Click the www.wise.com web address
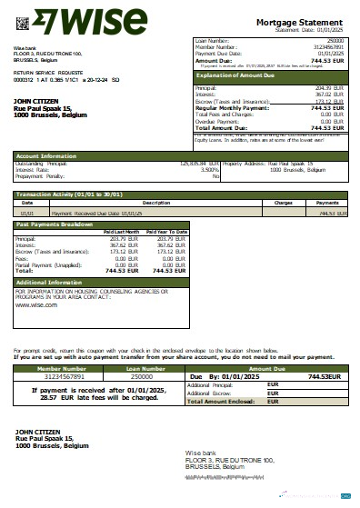(x=36, y=305)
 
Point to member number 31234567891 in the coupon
(x=58, y=375)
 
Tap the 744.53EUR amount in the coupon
(x=323, y=375)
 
